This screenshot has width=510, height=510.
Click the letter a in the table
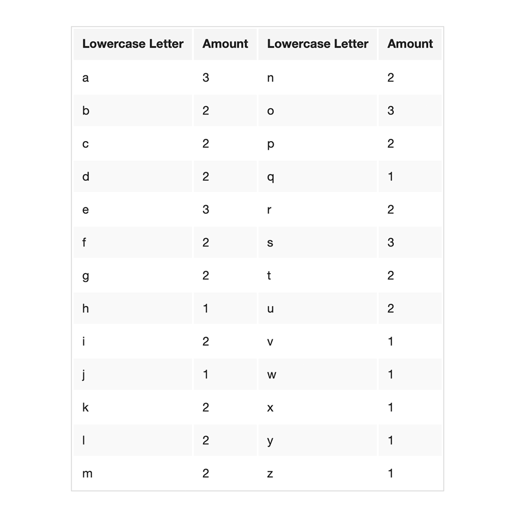click(x=86, y=78)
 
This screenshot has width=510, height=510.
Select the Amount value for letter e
click(x=206, y=210)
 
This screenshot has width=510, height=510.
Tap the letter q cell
click(x=270, y=177)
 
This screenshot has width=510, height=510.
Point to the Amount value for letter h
click(x=206, y=308)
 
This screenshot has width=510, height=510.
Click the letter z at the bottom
click(x=270, y=473)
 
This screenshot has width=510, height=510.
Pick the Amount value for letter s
click(x=390, y=243)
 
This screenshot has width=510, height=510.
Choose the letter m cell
click(x=87, y=473)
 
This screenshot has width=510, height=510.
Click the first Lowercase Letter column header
click(x=133, y=44)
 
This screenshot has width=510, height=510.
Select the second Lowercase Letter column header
click(x=317, y=44)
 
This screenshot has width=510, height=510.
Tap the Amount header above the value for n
click(x=410, y=44)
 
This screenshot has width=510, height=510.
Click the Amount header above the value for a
click(x=225, y=44)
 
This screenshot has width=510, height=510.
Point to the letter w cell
click(x=271, y=375)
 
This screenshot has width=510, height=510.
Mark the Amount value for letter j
click(x=206, y=375)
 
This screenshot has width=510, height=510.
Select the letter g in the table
click(x=86, y=276)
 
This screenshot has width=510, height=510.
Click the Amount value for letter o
click(x=390, y=110)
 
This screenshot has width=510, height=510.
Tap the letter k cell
click(x=86, y=407)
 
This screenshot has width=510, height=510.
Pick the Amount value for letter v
click(x=390, y=342)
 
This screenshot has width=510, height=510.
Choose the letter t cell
click(x=269, y=275)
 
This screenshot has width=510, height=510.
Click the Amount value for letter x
click(x=390, y=407)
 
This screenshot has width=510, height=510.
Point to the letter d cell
click(x=86, y=177)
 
